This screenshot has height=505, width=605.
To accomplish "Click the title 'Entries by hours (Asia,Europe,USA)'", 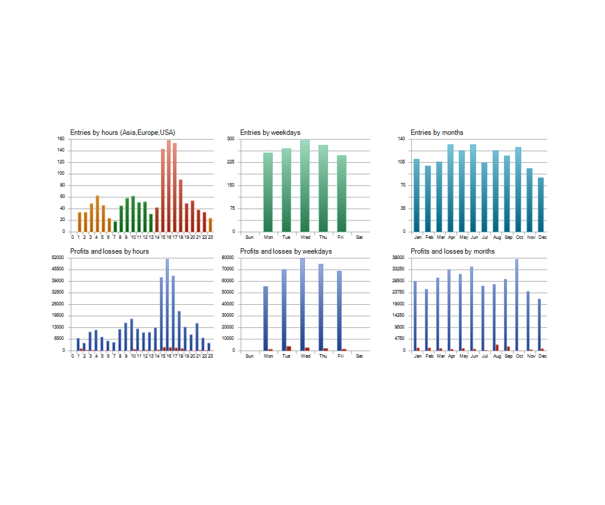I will (122, 132).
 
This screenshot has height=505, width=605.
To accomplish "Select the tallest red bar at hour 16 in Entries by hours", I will (169, 186).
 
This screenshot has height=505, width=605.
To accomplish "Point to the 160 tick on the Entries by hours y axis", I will (61, 139).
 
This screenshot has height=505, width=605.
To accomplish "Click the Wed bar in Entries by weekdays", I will (305, 186).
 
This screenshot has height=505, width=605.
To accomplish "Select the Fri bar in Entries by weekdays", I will (342, 194).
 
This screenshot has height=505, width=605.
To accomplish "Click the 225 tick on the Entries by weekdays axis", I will (231, 162).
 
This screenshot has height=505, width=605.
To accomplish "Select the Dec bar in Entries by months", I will (541, 205).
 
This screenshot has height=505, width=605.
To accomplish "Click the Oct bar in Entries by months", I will (518, 190).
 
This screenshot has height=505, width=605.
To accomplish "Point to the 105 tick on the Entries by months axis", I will (402, 162).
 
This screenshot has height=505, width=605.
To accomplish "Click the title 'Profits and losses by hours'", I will (109, 251).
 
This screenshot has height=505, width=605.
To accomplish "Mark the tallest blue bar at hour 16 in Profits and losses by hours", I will (167, 305).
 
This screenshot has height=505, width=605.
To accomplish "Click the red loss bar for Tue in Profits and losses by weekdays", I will (289, 348).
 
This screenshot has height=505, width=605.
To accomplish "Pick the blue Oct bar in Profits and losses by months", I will (516, 305).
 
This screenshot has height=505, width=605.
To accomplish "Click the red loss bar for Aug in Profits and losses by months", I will (497, 348).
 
